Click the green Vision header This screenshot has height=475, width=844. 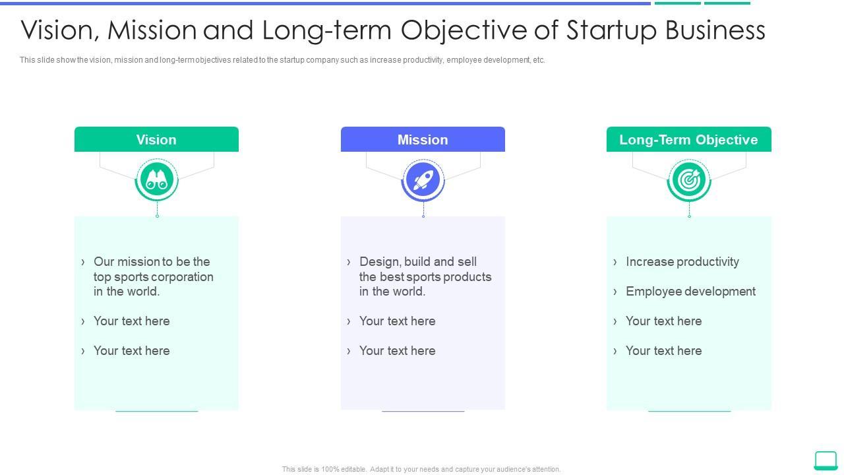[x=156, y=139]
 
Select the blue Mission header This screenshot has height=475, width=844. [x=423, y=139]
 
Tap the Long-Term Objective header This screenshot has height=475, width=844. [x=688, y=139]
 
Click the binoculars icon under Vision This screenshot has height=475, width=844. [x=157, y=179]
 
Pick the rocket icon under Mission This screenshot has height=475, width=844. [x=423, y=179]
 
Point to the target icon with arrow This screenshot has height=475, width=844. [x=689, y=179]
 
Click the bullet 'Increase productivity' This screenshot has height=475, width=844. [x=682, y=262]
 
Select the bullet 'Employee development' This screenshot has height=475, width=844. [x=690, y=292]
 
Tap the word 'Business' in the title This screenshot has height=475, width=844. [x=715, y=30]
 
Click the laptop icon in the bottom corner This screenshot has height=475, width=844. [x=826, y=460]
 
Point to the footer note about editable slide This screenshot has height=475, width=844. [x=421, y=469]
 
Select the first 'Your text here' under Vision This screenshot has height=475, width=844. [x=131, y=321]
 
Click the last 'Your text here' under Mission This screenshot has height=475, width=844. [x=397, y=351]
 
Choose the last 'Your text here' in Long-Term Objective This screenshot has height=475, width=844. [x=663, y=351]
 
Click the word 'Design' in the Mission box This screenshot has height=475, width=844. [x=380, y=262]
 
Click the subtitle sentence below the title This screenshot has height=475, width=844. [x=282, y=60]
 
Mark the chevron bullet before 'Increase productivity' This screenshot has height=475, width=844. [x=615, y=262]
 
